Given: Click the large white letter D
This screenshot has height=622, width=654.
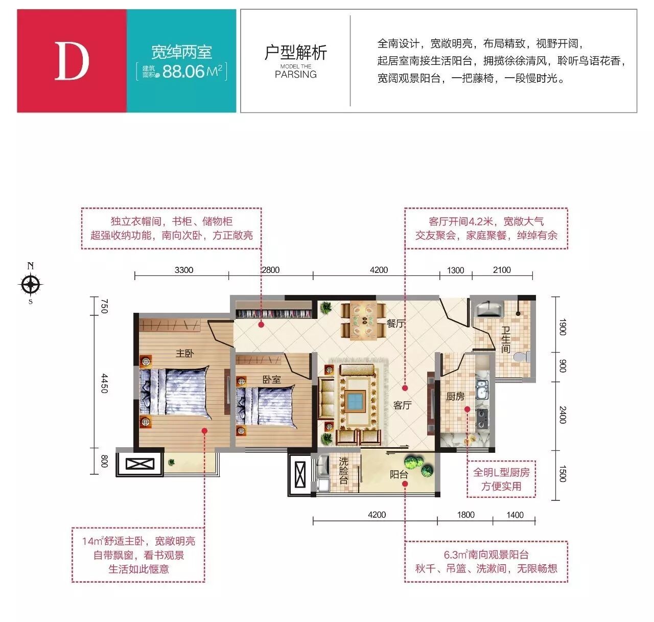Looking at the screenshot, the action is (72, 61).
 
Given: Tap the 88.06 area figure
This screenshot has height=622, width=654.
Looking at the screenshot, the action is (183, 71).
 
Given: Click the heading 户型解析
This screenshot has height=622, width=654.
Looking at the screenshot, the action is (295, 52).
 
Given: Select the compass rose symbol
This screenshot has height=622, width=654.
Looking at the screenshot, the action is (30, 285).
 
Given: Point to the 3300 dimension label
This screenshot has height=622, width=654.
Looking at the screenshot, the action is (183, 270).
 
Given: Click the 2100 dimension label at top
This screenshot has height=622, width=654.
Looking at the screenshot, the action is (502, 270).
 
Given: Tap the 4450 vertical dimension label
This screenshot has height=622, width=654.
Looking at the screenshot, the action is (104, 383).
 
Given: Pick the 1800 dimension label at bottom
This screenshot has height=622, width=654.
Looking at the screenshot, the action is (465, 515).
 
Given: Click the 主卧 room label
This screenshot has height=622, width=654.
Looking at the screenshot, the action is (184, 353).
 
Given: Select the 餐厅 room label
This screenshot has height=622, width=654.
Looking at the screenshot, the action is (395, 323).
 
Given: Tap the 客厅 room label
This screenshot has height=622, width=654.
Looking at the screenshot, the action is (402, 405).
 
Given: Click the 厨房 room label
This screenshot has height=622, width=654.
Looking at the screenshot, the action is (455, 397).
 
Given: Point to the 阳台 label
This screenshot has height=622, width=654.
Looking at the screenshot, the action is (399, 474).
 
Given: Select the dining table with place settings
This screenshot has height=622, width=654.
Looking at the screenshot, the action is (363, 320).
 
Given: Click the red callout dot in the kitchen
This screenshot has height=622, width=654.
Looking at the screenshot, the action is (467, 409).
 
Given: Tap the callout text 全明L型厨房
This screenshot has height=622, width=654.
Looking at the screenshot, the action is (501, 473).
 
